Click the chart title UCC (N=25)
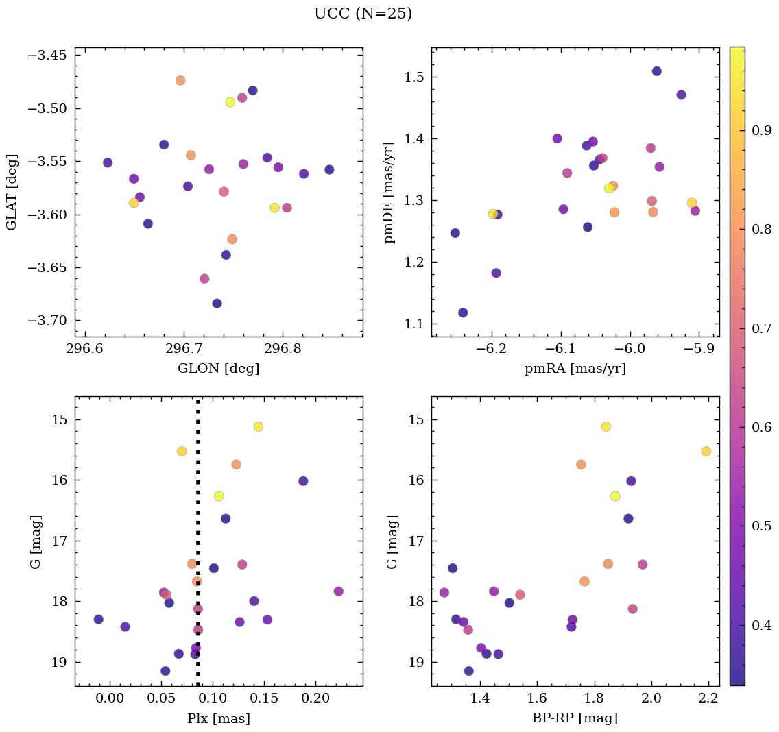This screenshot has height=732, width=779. point(363,14)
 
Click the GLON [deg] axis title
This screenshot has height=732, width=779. point(218,369)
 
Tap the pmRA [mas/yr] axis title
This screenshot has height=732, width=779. point(575,369)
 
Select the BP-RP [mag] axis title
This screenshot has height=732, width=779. point(575,718)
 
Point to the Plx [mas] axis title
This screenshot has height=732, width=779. point(218,718)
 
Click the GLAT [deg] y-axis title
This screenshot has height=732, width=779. point(12,192)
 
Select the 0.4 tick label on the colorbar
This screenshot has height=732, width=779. point(762,625)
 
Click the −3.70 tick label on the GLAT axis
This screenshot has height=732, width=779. point(47,321)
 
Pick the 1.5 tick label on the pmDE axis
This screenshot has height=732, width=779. point(409,77)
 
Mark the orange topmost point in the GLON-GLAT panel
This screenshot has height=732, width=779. point(180,80)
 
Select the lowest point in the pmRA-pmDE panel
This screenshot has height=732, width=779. point(463,313)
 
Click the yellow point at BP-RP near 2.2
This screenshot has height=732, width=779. point(706,451)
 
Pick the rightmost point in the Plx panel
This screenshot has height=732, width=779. point(338,591)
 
